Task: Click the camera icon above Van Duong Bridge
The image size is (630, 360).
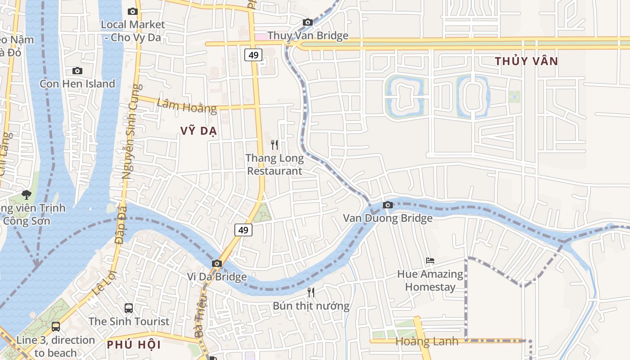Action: point(387,205)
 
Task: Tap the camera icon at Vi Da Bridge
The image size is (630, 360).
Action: point(217,263)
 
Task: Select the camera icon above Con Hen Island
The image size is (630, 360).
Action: point(77,71)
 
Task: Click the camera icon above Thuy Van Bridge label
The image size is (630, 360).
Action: point(308,22)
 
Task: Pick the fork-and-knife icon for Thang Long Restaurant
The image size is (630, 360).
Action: point(274,144)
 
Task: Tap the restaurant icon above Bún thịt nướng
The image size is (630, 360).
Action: point(311,292)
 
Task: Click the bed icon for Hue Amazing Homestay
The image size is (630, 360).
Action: point(430,260)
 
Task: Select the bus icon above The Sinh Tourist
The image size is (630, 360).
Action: point(129,308)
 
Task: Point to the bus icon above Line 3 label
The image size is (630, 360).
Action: point(56,327)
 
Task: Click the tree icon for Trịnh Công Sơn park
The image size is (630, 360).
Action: point(27,195)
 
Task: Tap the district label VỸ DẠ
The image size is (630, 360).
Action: point(199,131)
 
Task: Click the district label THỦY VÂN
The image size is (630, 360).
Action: point(526,61)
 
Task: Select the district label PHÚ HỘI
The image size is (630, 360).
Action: point(134,345)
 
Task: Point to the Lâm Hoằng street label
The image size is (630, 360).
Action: point(187,106)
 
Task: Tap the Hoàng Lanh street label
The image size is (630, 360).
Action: point(427,341)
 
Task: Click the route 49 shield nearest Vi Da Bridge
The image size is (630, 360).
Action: point(243,230)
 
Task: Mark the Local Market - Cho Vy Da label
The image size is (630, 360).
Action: point(133,31)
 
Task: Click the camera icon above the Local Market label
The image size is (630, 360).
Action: point(133,11)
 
